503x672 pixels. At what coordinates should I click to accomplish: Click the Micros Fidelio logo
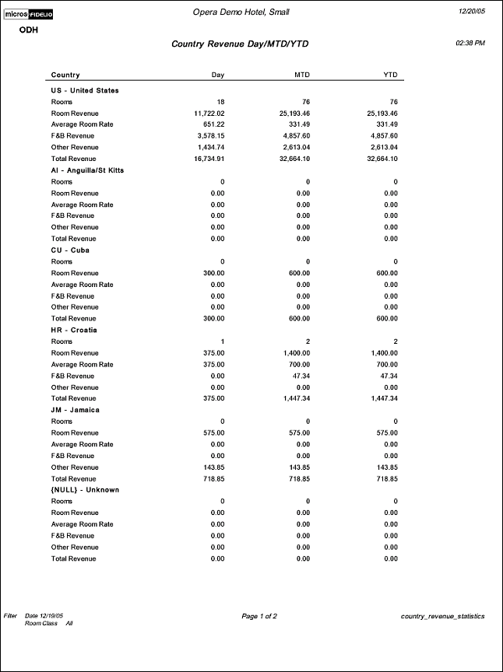(x=30, y=14)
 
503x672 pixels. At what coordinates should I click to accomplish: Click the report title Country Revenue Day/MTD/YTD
(x=240, y=44)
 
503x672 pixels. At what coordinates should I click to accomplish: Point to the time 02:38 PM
(x=470, y=43)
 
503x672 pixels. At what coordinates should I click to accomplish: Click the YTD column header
(x=390, y=75)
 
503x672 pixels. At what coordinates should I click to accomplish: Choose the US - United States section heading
(x=85, y=90)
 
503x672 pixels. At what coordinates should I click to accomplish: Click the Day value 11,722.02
(x=208, y=113)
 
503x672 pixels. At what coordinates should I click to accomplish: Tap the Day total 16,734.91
(x=208, y=159)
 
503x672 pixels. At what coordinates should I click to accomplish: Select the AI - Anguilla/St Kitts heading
(x=87, y=170)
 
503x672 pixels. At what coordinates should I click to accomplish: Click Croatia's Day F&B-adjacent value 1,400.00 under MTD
(x=294, y=353)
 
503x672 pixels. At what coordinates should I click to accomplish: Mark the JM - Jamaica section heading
(x=76, y=409)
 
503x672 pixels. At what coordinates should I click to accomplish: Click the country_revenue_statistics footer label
(x=442, y=616)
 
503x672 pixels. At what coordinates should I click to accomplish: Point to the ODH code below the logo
(x=29, y=30)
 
